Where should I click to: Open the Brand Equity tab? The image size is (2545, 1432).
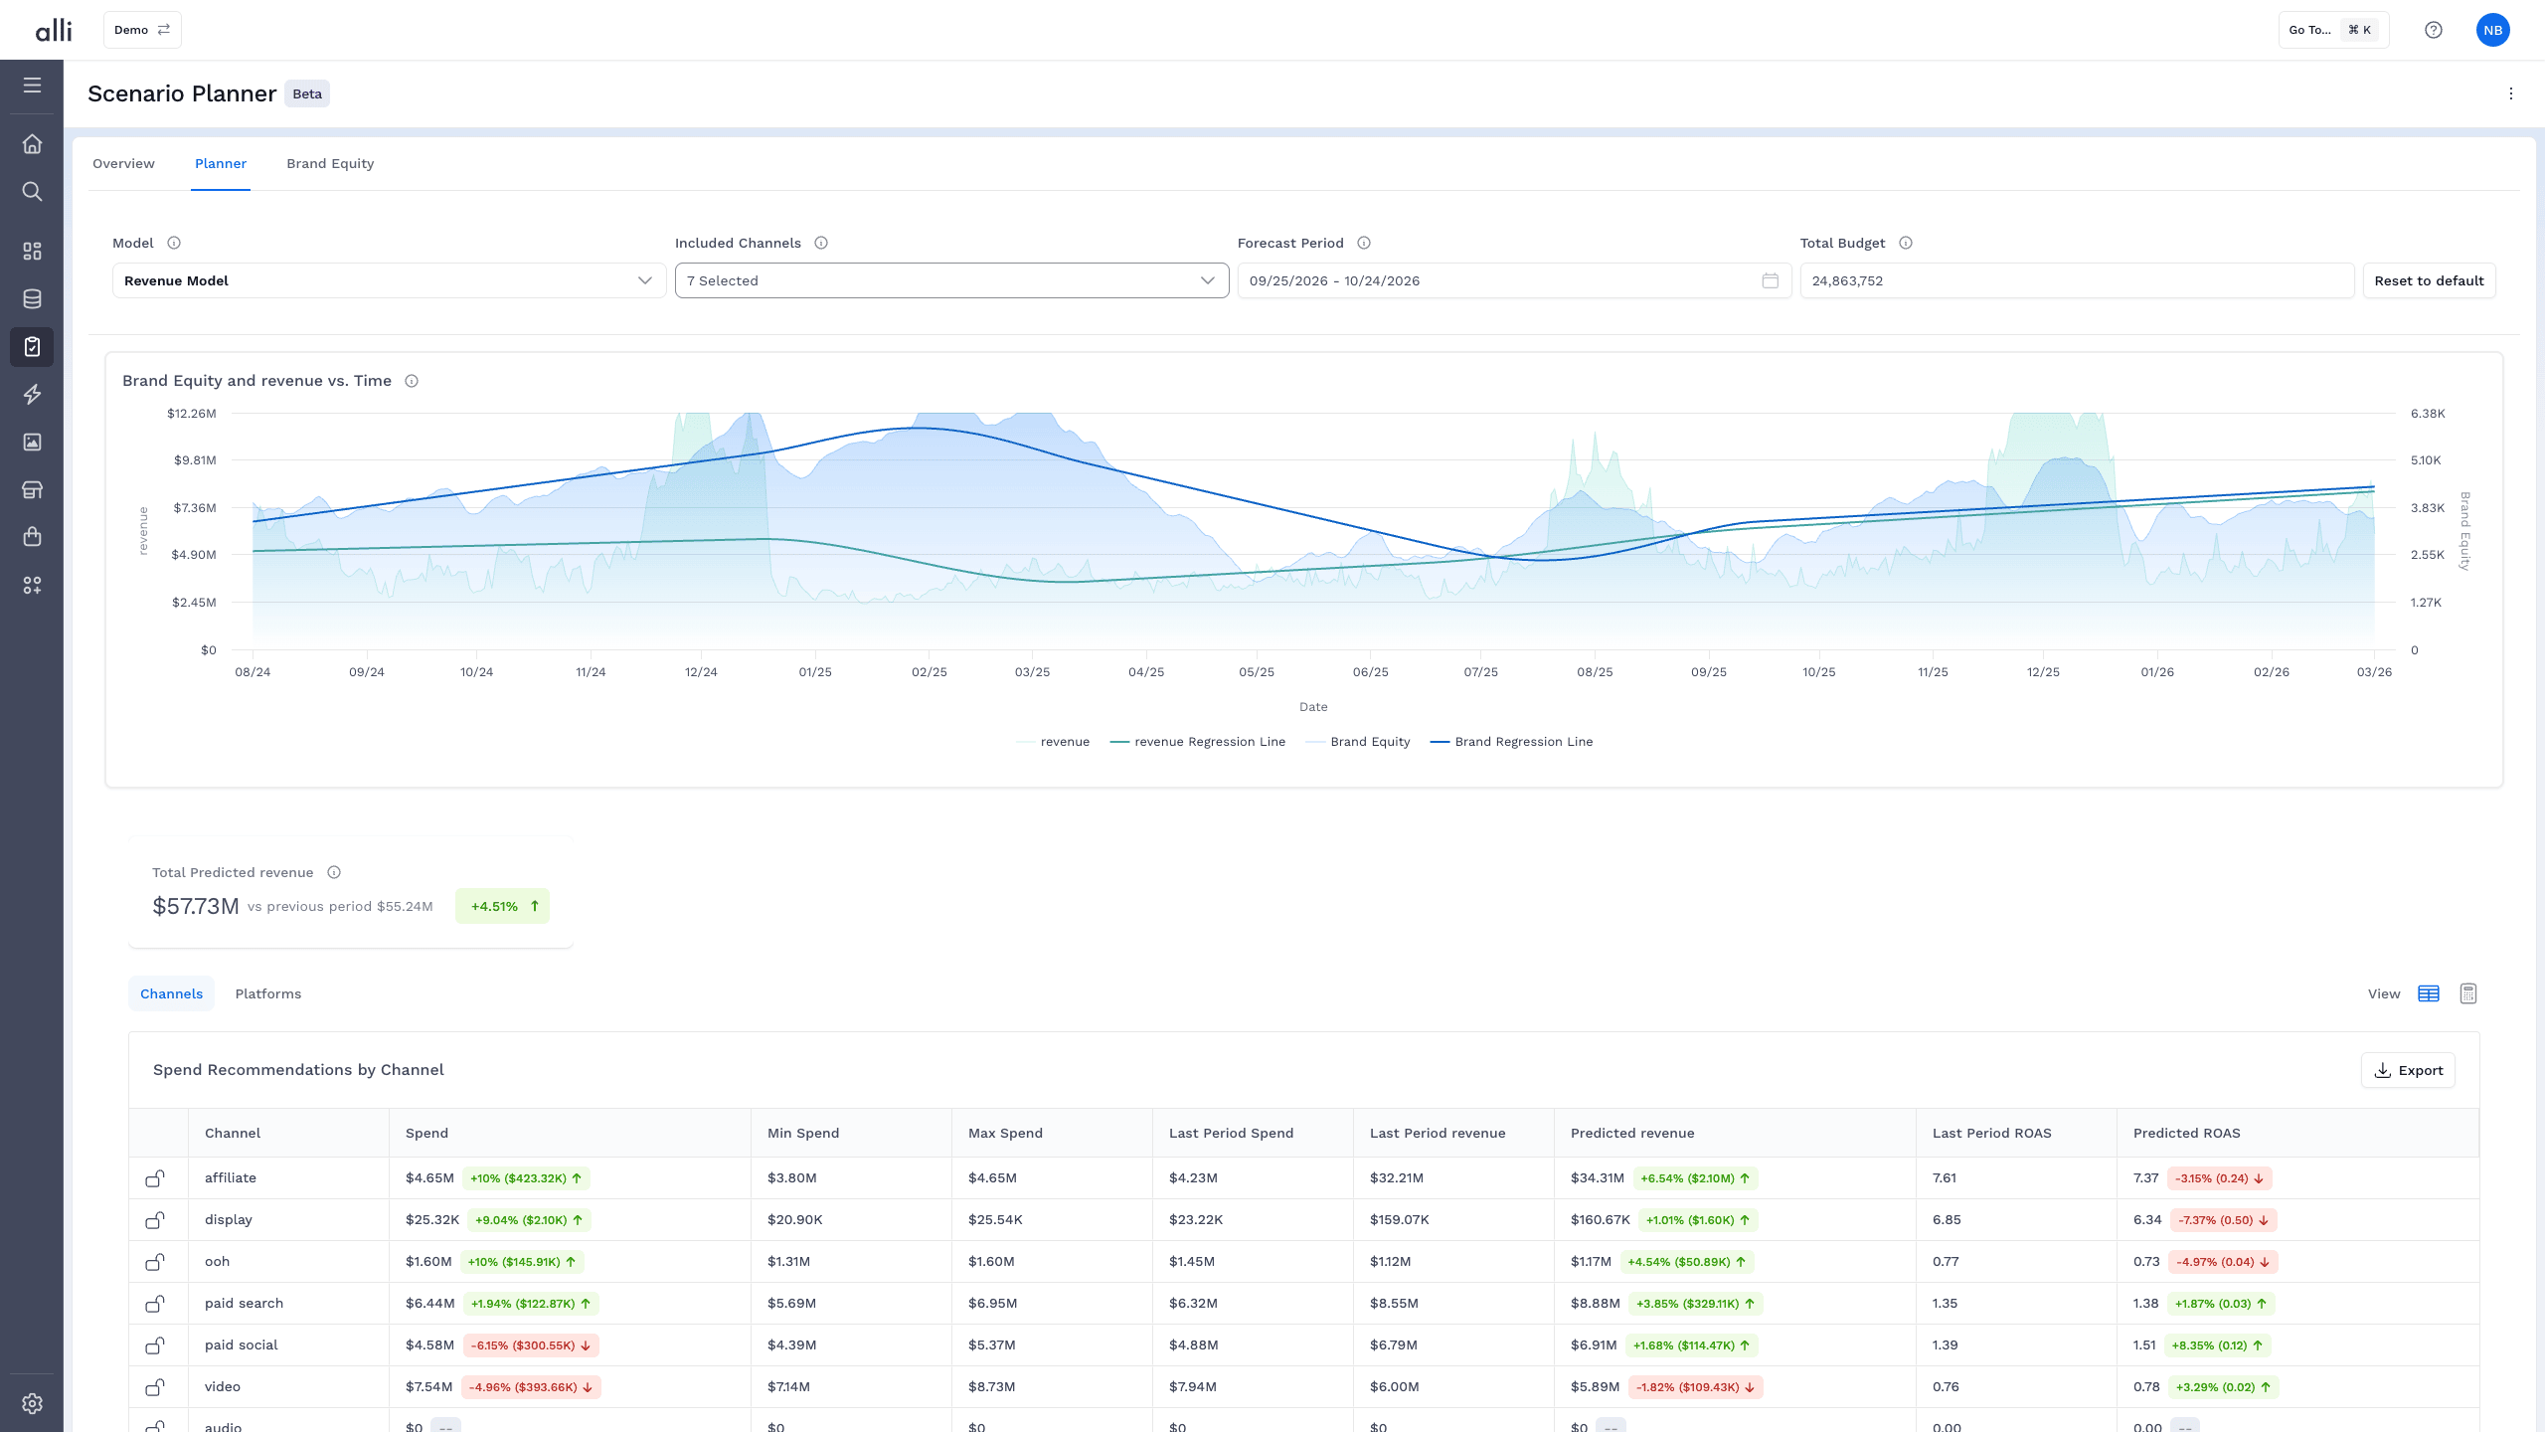pyautogui.click(x=330, y=163)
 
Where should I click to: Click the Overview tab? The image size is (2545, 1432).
pyautogui.click(x=123, y=163)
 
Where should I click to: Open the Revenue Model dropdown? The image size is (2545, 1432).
pyautogui.click(x=389, y=280)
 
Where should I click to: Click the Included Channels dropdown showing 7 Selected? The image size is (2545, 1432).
pyautogui.click(x=951, y=280)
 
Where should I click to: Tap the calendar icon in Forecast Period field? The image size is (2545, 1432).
pyautogui.click(x=1770, y=280)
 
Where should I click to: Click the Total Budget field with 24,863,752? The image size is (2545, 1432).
pyautogui.click(x=2077, y=280)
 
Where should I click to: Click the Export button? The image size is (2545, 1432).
pyautogui.click(x=2408, y=1070)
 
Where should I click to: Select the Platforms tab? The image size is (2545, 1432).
pyautogui.click(x=268, y=993)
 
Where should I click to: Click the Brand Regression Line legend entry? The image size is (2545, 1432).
pyautogui.click(x=1511, y=742)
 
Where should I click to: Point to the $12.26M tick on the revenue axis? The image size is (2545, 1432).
pyautogui.click(x=192, y=414)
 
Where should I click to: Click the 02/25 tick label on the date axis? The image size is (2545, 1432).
pyautogui.click(x=930, y=672)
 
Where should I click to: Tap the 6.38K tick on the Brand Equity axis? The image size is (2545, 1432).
pyautogui.click(x=2428, y=414)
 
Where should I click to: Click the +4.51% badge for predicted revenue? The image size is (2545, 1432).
pyautogui.click(x=502, y=906)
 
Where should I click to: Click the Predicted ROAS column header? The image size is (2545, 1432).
pyautogui.click(x=2187, y=1133)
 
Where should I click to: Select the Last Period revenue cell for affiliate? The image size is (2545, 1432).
pyautogui.click(x=1397, y=1177)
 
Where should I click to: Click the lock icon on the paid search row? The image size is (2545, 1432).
pyautogui.click(x=155, y=1303)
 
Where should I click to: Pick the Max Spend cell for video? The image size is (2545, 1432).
pyautogui.click(x=992, y=1386)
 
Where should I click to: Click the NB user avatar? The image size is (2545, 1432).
pyautogui.click(x=2492, y=30)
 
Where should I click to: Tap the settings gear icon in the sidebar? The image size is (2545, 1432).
pyautogui.click(x=32, y=1403)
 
